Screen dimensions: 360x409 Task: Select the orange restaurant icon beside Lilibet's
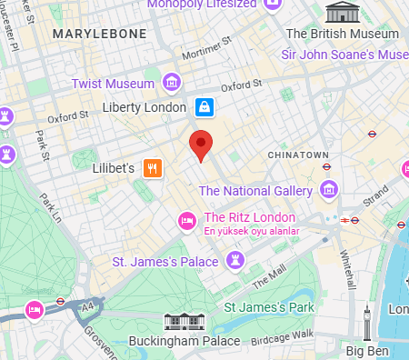click(153, 168)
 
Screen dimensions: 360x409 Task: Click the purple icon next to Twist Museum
click(170, 84)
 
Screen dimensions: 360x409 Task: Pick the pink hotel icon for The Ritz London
click(187, 218)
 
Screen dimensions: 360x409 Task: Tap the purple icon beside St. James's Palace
click(235, 262)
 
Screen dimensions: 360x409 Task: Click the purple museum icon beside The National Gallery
click(329, 191)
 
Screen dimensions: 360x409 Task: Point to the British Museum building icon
click(342, 13)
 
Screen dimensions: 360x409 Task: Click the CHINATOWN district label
click(298, 155)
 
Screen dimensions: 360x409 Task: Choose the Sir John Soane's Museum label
click(344, 55)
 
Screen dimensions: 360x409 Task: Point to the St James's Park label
click(269, 307)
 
